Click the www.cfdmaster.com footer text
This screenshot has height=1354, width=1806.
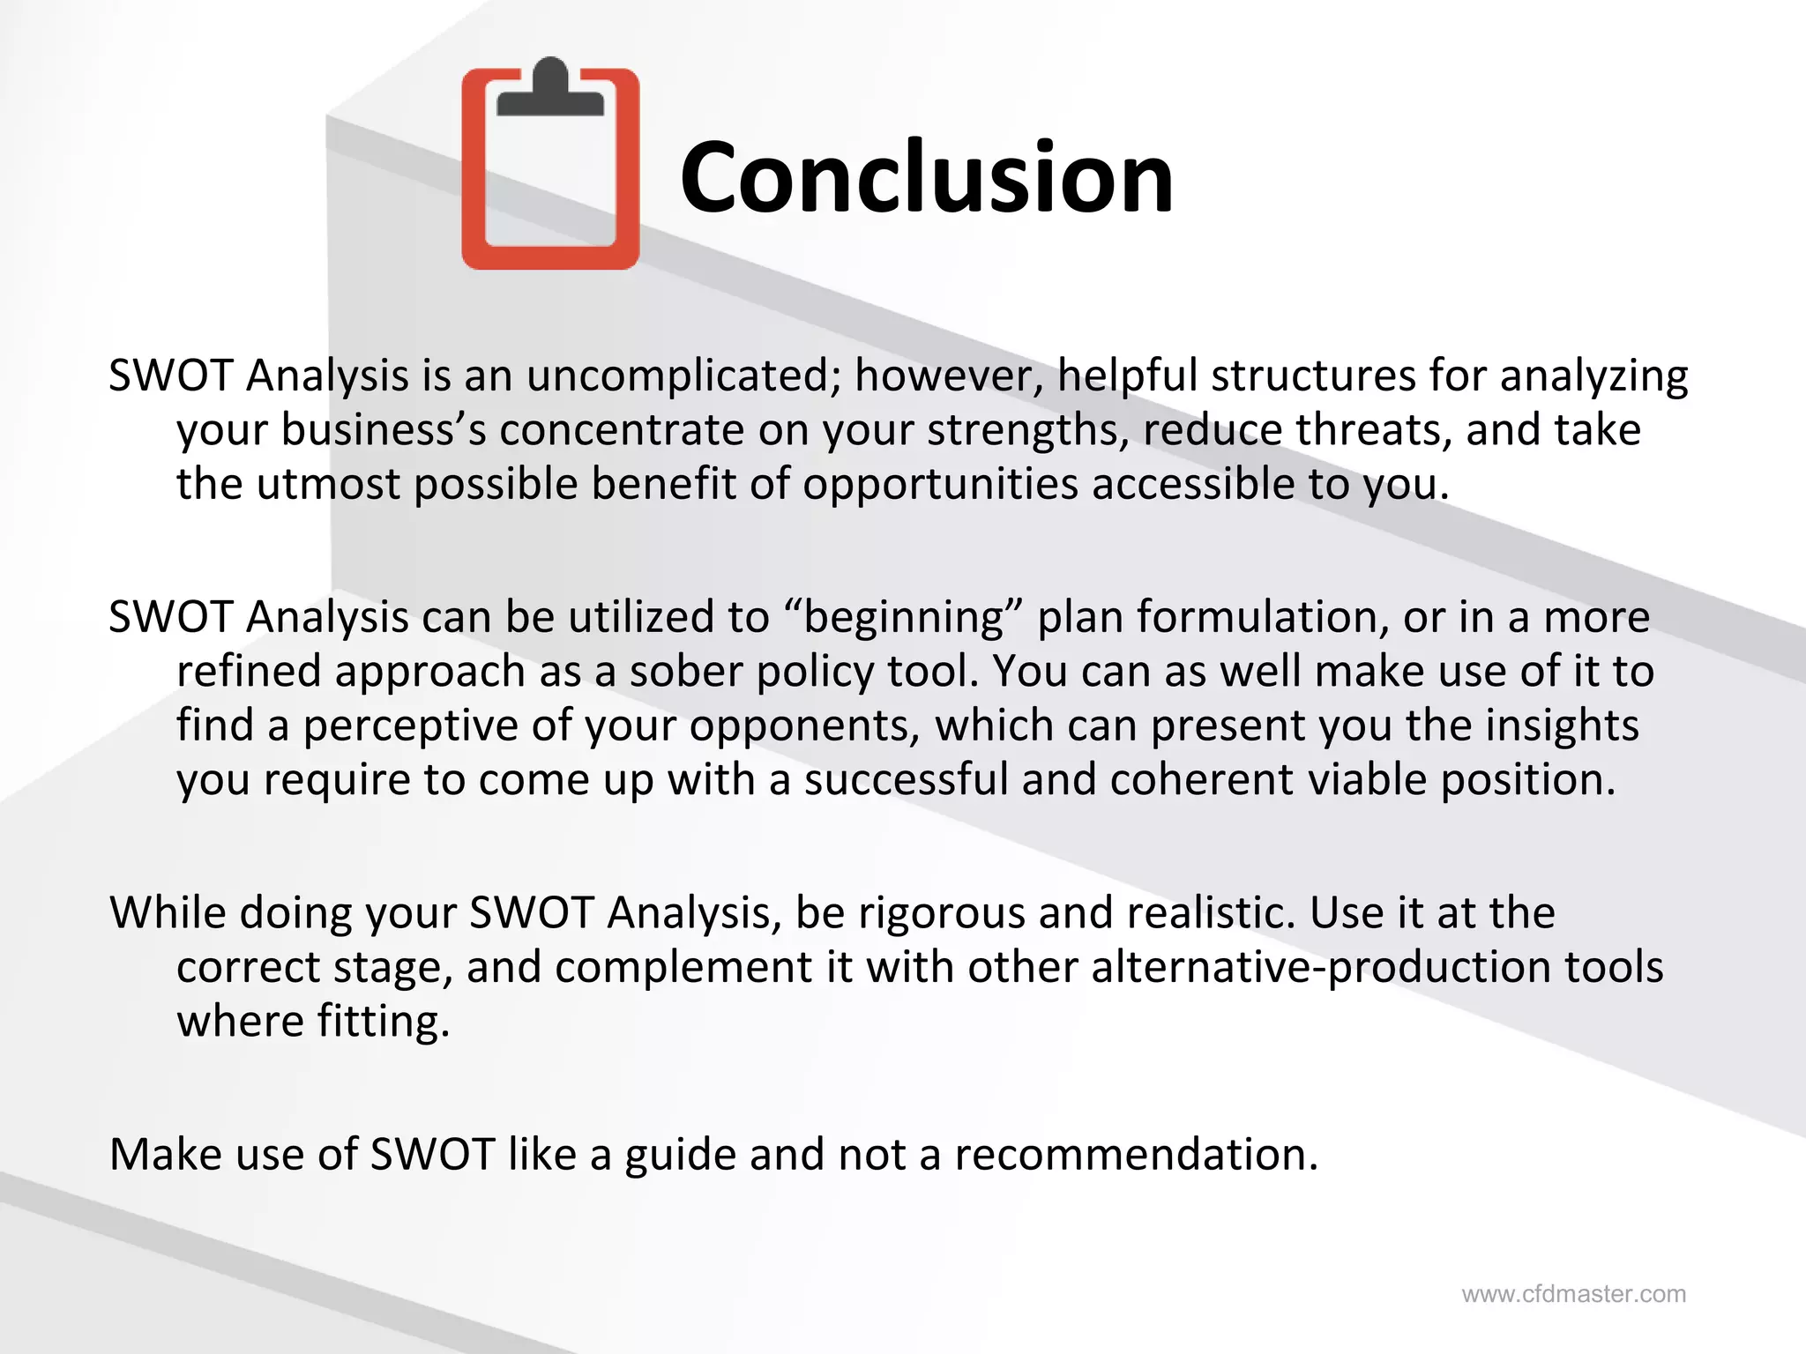pos(1573,1294)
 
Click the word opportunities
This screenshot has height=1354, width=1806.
pos(940,486)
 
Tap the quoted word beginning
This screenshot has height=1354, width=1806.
pos(903,617)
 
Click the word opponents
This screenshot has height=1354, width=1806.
pos(804,727)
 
